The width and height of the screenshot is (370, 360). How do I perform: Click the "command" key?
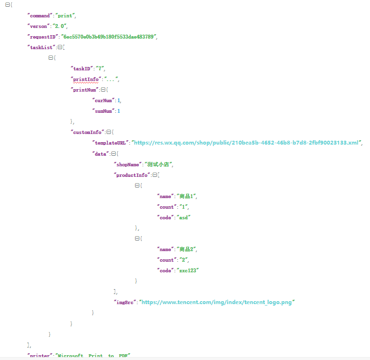coord(39,16)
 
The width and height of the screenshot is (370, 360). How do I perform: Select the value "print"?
coord(65,16)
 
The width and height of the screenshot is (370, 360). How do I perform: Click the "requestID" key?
coord(43,37)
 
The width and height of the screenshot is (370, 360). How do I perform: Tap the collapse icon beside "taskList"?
coord(60,48)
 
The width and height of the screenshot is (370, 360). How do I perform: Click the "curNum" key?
coord(104,101)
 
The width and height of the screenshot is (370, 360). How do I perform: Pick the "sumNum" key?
coord(104,111)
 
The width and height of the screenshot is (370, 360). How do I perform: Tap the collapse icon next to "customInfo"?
coord(109,133)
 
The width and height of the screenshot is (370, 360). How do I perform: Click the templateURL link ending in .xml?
coord(246,143)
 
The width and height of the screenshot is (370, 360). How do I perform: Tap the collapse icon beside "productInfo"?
coord(155,175)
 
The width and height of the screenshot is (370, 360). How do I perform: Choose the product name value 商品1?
coord(187,196)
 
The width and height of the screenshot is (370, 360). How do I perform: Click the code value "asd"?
coord(184,217)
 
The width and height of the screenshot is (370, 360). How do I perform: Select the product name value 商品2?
coord(187,249)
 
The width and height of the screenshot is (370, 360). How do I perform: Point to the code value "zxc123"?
coord(188,270)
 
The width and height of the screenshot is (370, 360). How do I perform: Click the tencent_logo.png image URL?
coord(217,302)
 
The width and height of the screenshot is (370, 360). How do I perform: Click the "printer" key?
coord(40,356)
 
